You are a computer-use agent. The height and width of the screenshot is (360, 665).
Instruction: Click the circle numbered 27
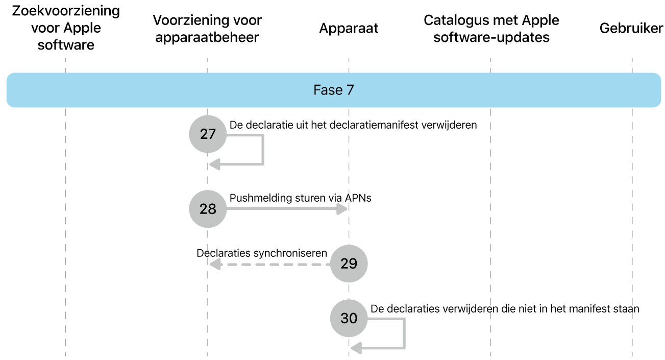[x=208, y=134]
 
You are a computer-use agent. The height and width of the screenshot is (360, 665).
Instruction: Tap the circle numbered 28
[x=208, y=209]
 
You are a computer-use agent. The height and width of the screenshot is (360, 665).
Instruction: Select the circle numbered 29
[x=349, y=263]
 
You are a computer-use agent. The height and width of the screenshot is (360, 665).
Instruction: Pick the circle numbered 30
[x=349, y=318]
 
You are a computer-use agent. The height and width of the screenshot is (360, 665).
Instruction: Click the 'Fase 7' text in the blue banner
[x=333, y=90]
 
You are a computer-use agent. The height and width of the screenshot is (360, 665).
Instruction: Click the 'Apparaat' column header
[x=349, y=29]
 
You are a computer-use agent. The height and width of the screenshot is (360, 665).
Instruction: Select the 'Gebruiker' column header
[x=631, y=29]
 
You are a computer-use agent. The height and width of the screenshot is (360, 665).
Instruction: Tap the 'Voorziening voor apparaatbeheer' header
[x=207, y=29]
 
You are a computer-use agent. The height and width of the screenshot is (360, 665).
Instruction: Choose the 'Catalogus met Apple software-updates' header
[x=491, y=29]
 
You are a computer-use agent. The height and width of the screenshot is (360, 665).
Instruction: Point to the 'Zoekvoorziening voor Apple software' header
[x=66, y=28]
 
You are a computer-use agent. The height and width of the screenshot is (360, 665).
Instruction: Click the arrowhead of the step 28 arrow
[x=342, y=209]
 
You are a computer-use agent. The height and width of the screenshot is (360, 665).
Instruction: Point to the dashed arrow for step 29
[x=270, y=264]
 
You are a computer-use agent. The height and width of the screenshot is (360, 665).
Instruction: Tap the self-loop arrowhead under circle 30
[x=356, y=348]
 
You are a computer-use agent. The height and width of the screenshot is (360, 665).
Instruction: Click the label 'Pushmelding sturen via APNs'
[x=300, y=198]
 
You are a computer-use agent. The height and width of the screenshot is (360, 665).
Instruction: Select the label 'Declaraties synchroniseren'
[x=261, y=253]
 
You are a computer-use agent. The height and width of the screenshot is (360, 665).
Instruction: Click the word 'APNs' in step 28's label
[x=358, y=198]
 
